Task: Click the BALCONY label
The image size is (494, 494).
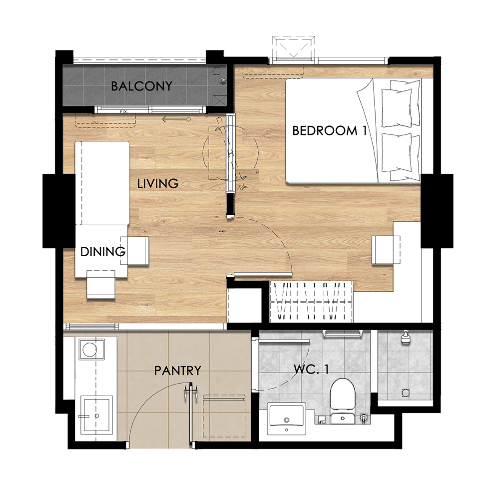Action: (x=142, y=86)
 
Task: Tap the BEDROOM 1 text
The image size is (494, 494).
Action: (x=330, y=130)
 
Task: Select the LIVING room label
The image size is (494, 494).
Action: (x=158, y=183)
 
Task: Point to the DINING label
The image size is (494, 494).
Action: (x=103, y=251)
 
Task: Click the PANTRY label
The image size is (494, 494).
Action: (x=177, y=371)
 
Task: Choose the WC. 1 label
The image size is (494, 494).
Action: (x=311, y=369)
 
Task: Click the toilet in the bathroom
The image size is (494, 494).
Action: (x=343, y=400)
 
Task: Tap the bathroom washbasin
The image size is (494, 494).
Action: (x=286, y=419)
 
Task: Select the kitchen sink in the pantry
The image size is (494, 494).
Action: (x=96, y=415)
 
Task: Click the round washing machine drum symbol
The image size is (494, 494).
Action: (x=91, y=349)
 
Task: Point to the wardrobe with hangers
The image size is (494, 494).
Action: (x=311, y=301)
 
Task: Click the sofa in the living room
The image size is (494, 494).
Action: (x=102, y=183)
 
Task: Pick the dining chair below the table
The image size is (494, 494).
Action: (x=101, y=284)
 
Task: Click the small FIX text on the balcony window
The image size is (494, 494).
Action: (x=123, y=111)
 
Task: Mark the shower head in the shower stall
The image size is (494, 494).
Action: (x=405, y=337)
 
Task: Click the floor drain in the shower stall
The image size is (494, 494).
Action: (x=406, y=393)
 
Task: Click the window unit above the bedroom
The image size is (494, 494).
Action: (x=293, y=47)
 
